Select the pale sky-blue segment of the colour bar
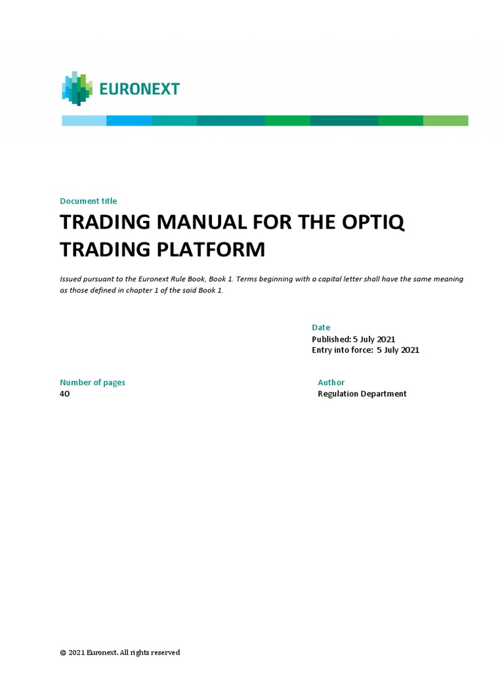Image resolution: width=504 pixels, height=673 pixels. click(84, 120)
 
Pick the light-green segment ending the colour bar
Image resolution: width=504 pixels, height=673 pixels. click(446, 120)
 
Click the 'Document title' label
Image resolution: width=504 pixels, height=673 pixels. click(88, 201)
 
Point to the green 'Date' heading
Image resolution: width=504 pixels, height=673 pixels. click(321, 327)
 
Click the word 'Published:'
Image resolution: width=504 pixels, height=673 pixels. click(331, 339)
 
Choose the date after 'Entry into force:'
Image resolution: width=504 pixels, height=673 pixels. click(398, 350)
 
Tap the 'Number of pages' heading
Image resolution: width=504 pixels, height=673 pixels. click(93, 383)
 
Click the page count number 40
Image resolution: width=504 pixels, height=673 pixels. click(64, 394)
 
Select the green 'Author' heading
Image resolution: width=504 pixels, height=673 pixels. click(331, 383)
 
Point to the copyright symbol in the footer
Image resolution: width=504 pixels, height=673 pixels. click(63, 653)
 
